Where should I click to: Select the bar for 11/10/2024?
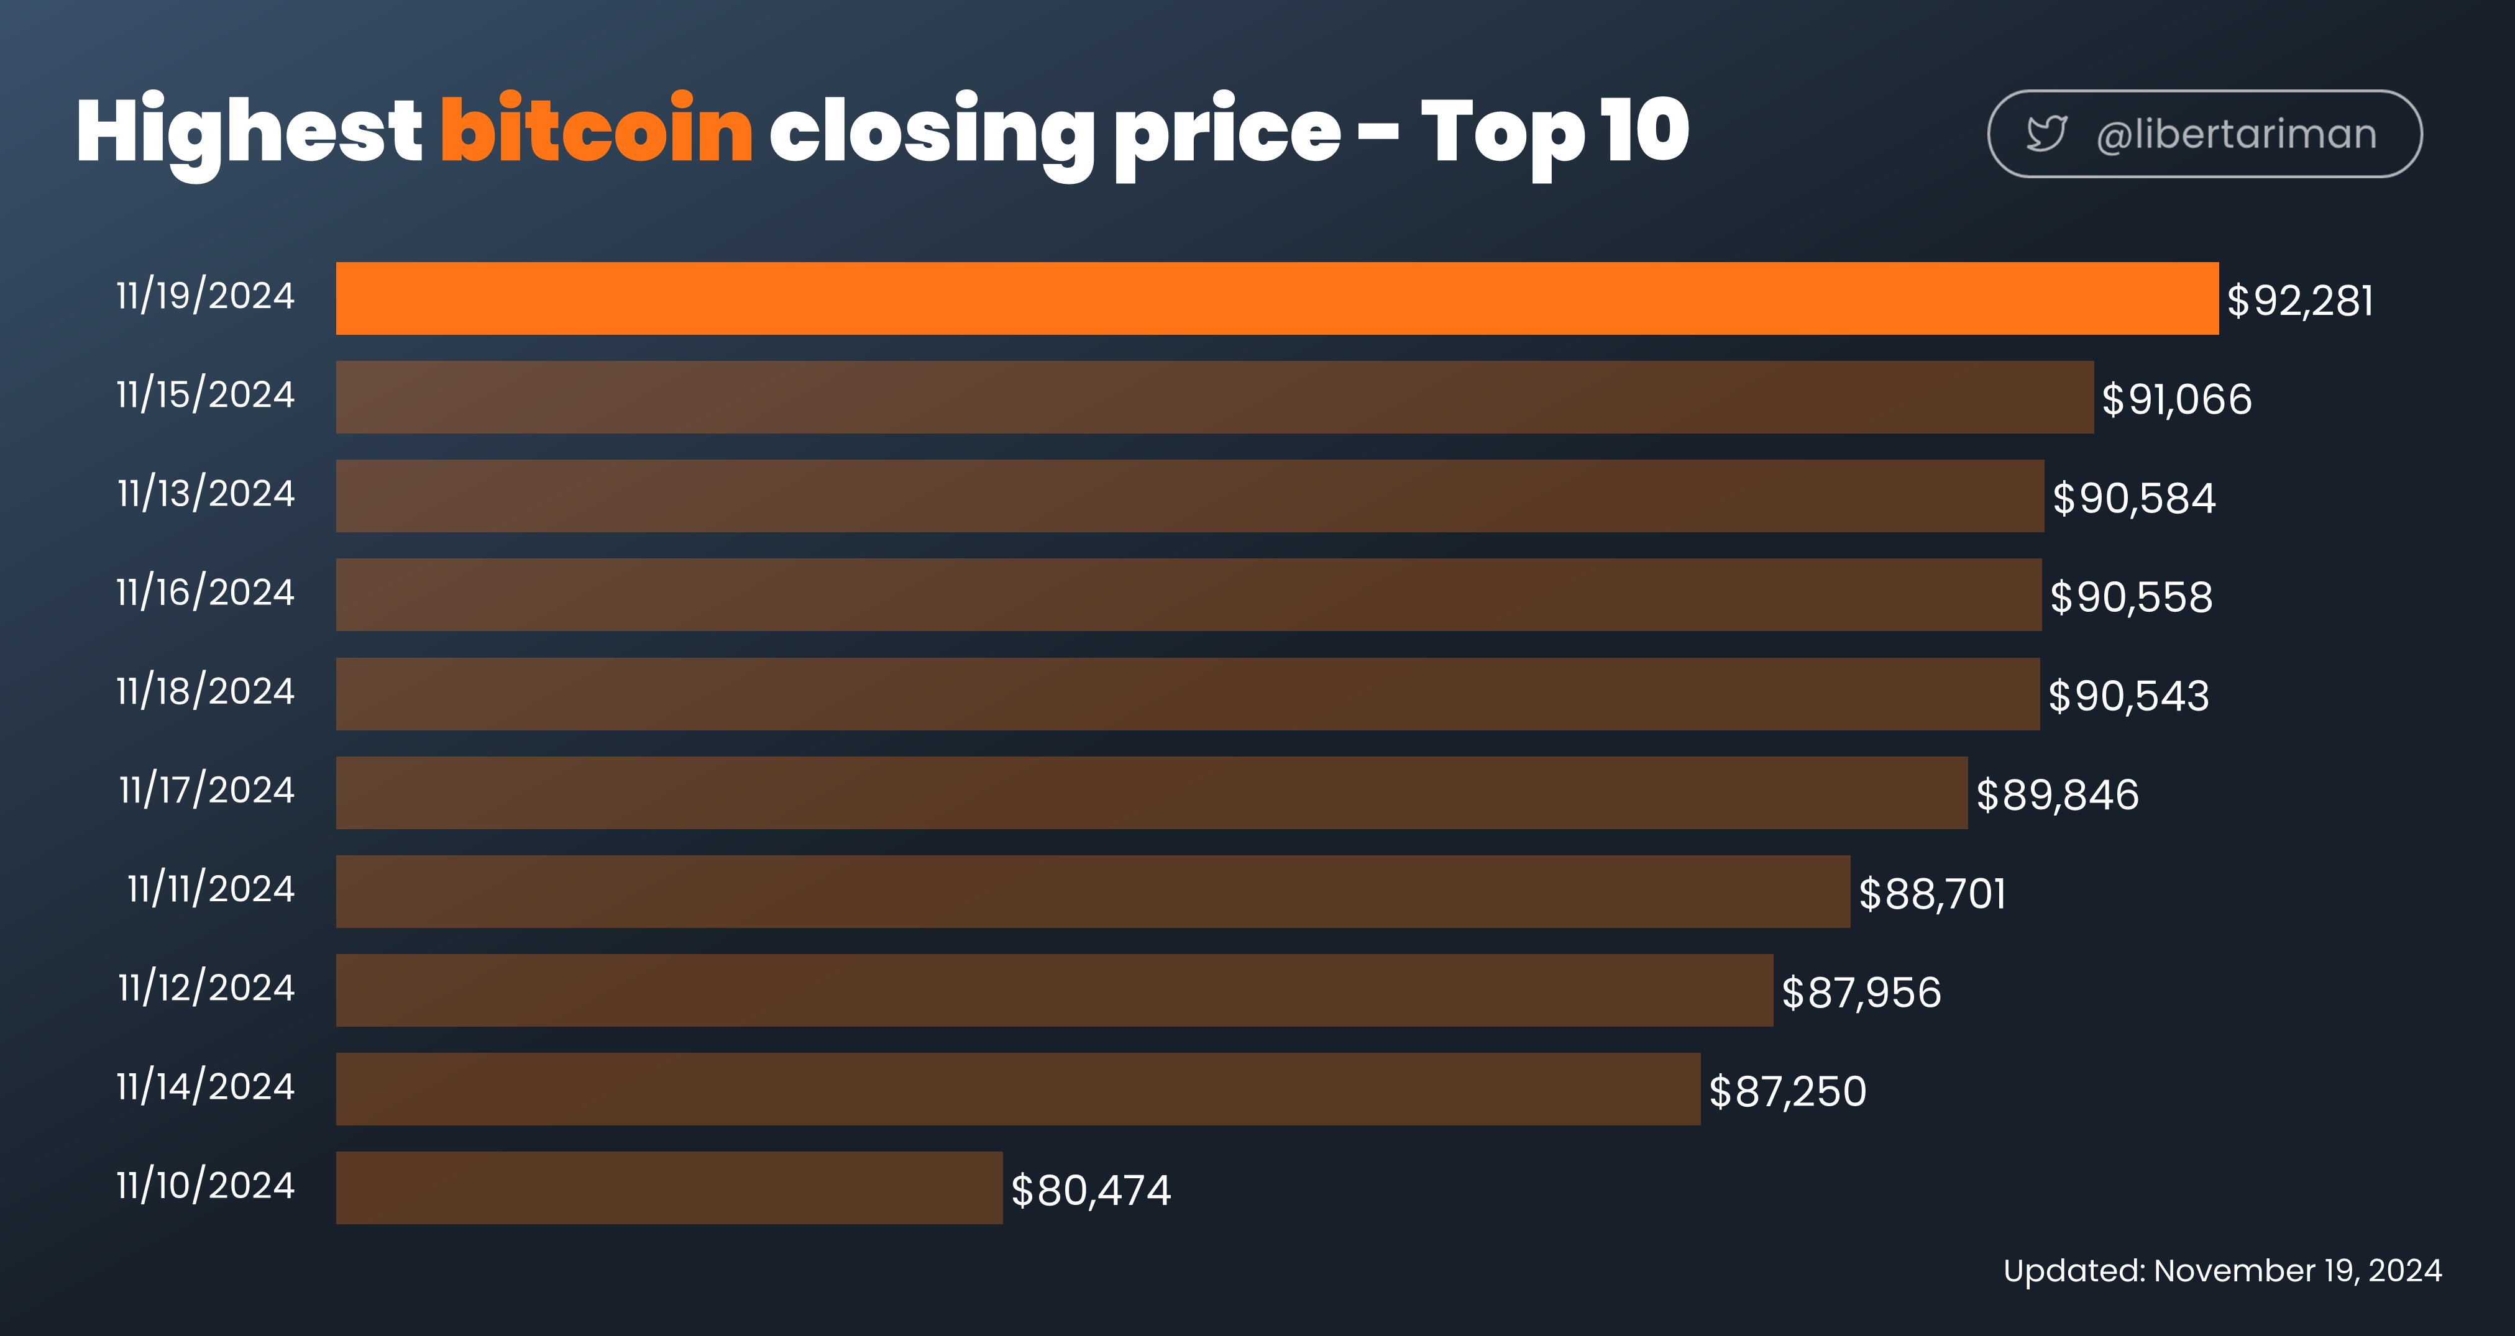pos(669,1188)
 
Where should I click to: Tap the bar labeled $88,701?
pos(1093,891)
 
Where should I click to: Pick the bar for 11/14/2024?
pos(1019,1089)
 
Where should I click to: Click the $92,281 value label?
pos(2300,301)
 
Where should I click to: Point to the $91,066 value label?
pos(2176,399)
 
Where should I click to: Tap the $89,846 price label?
pos(2057,794)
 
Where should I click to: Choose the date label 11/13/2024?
pos(206,493)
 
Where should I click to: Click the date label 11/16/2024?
pos(205,591)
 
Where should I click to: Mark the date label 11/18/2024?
pos(205,691)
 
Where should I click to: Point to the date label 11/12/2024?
pos(206,987)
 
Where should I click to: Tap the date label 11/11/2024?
pos(211,888)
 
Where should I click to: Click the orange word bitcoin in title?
pos(597,128)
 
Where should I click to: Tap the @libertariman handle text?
pos(2236,134)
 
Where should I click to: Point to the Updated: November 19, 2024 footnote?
pos(2222,1271)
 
